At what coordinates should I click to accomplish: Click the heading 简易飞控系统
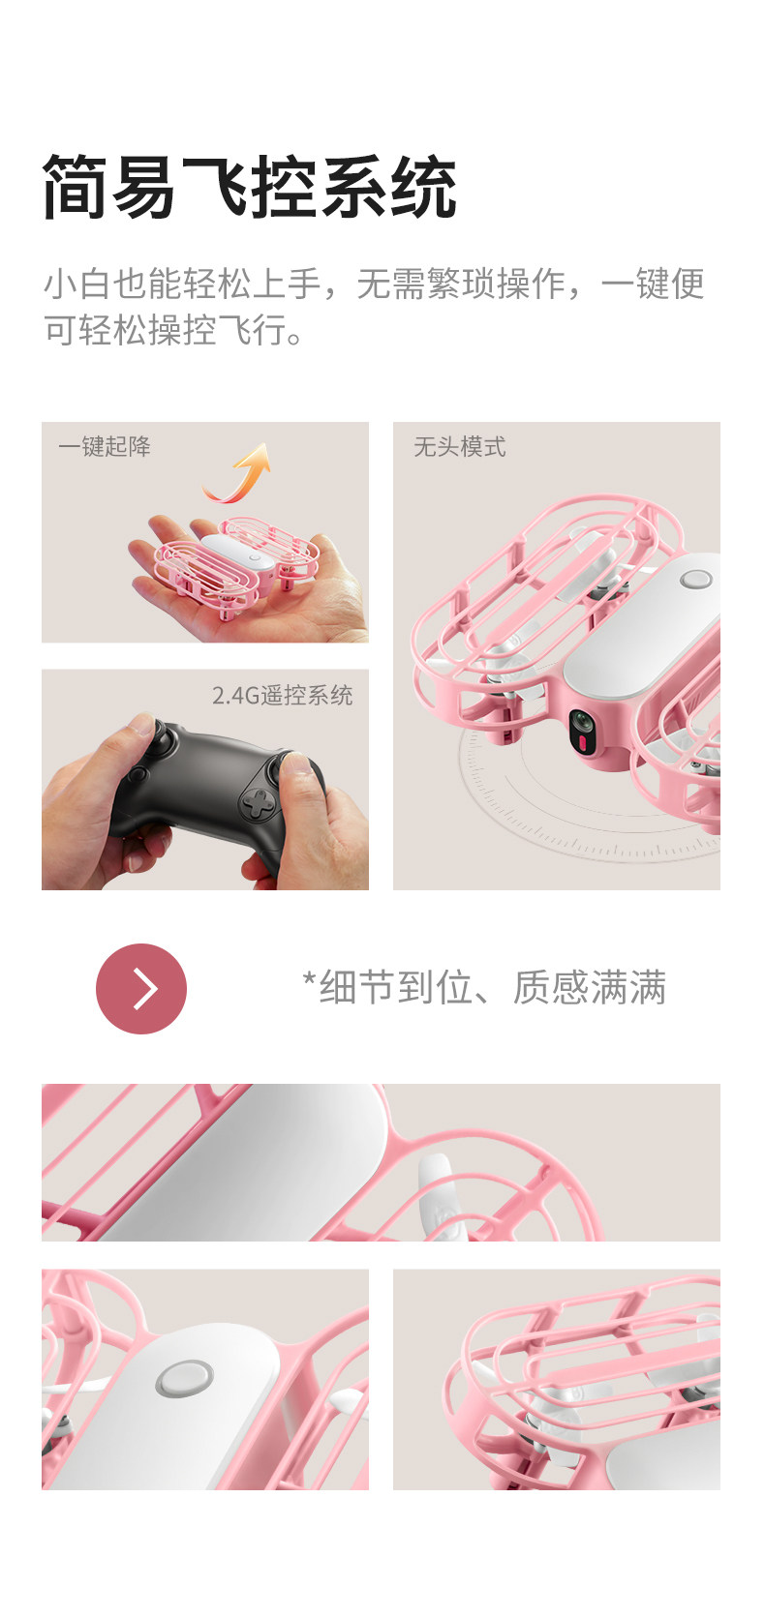tap(250, 186)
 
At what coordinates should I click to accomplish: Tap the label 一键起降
tap(105, 446)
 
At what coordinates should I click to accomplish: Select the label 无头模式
tap(459, 447)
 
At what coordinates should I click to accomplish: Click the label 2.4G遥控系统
tap(283, 695)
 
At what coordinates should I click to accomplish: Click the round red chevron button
tap(141, 988)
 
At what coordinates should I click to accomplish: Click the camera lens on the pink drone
tap(582, 721)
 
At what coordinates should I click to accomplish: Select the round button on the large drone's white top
tap(695, 579)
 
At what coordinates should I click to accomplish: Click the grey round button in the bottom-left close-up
tap(184, 1377)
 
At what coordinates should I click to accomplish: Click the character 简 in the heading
tap(76, 186)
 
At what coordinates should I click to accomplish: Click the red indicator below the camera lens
tap(583, 743)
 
